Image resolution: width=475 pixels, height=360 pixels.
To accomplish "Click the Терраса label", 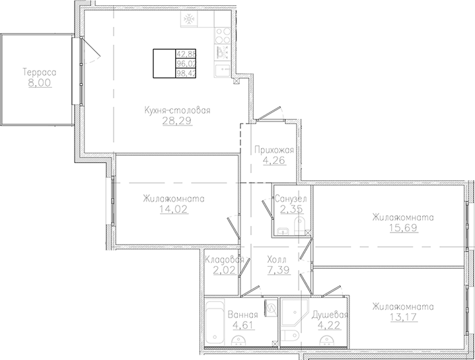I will [x=38, y=72].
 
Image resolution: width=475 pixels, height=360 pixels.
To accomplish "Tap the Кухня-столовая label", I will [x=177, y=111].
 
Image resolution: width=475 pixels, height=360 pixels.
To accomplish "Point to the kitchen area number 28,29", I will [x=177, y=122].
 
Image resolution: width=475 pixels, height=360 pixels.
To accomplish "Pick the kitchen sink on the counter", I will [x=223, y=67].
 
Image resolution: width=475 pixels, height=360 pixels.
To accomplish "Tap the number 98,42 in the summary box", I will [x=186, y=73].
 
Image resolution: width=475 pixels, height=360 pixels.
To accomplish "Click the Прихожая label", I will [x=274, y=151].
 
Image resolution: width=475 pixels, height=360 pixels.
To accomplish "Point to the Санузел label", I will [x=291, y=199].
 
